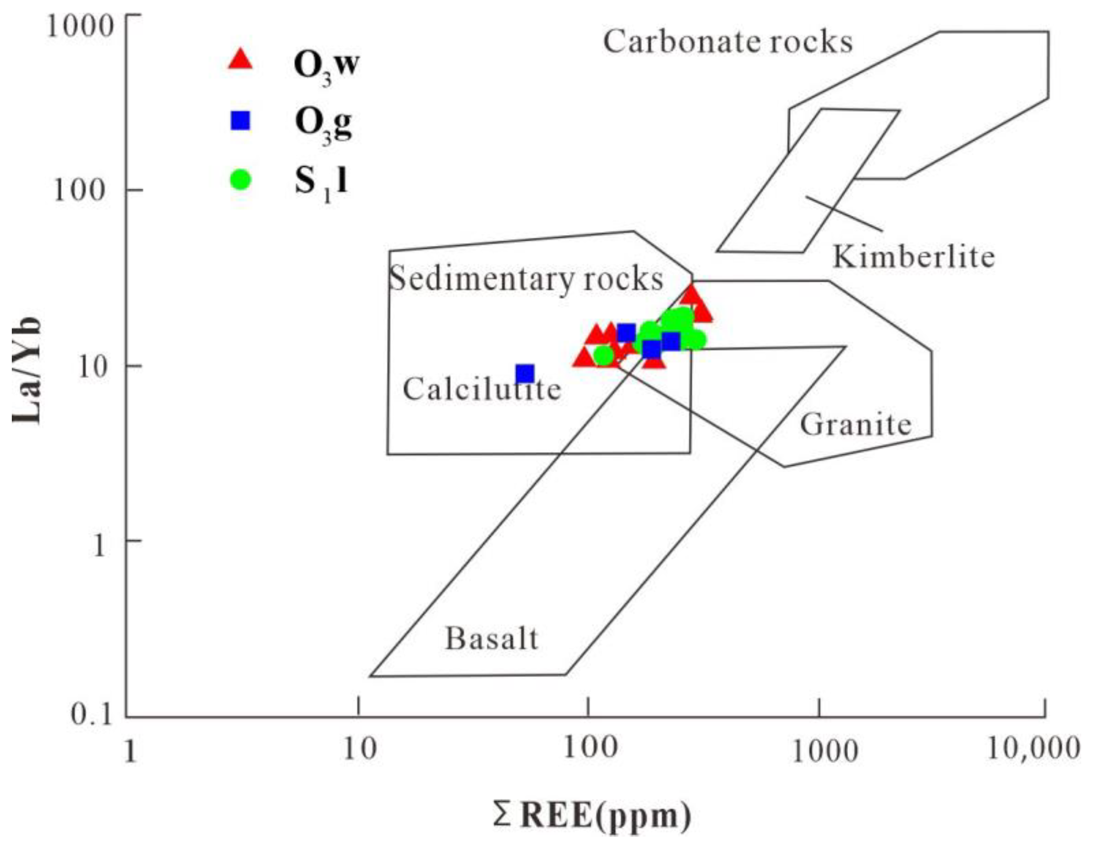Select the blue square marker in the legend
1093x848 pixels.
point(241,120)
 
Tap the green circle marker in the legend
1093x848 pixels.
point(241,180)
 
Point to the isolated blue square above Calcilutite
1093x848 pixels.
point(525,373)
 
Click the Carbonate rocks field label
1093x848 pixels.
point(728,42)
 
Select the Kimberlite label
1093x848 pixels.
point(913,257)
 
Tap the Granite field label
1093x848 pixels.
point(856,425)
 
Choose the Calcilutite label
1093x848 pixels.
point(481,389)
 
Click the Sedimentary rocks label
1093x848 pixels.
point(526,279)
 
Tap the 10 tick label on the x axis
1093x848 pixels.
point(358,749)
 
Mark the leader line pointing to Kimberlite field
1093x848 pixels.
point(844,214)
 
